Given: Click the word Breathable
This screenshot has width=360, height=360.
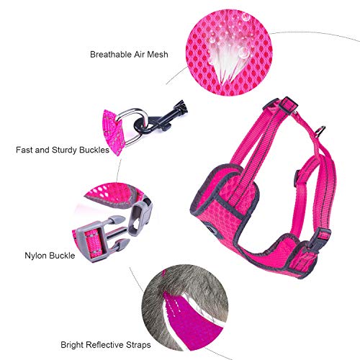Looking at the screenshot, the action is pos(111,55).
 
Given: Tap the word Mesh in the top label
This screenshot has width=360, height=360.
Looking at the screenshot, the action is pos(158,55).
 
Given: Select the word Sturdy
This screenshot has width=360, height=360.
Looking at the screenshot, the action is pos(64,150).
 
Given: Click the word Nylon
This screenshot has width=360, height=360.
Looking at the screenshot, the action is pos(36,256).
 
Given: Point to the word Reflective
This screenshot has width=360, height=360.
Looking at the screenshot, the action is pos(106,345).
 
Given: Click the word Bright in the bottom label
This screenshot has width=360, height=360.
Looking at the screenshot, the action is pos(72,345).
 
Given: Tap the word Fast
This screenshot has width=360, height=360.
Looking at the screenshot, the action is pos(24,150).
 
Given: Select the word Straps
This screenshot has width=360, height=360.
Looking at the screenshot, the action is pos(138,345).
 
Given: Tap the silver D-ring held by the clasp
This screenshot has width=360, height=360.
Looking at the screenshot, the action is pos(132,127).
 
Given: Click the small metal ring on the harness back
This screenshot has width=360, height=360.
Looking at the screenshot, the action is pos(320,132).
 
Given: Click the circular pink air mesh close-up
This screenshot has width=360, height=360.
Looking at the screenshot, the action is pos(229,53).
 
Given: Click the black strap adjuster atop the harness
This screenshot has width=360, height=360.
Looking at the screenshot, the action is pos(288,105).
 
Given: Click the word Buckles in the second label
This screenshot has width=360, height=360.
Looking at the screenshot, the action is pos(94,150).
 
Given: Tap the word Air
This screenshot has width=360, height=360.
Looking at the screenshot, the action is pos(140,55).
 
